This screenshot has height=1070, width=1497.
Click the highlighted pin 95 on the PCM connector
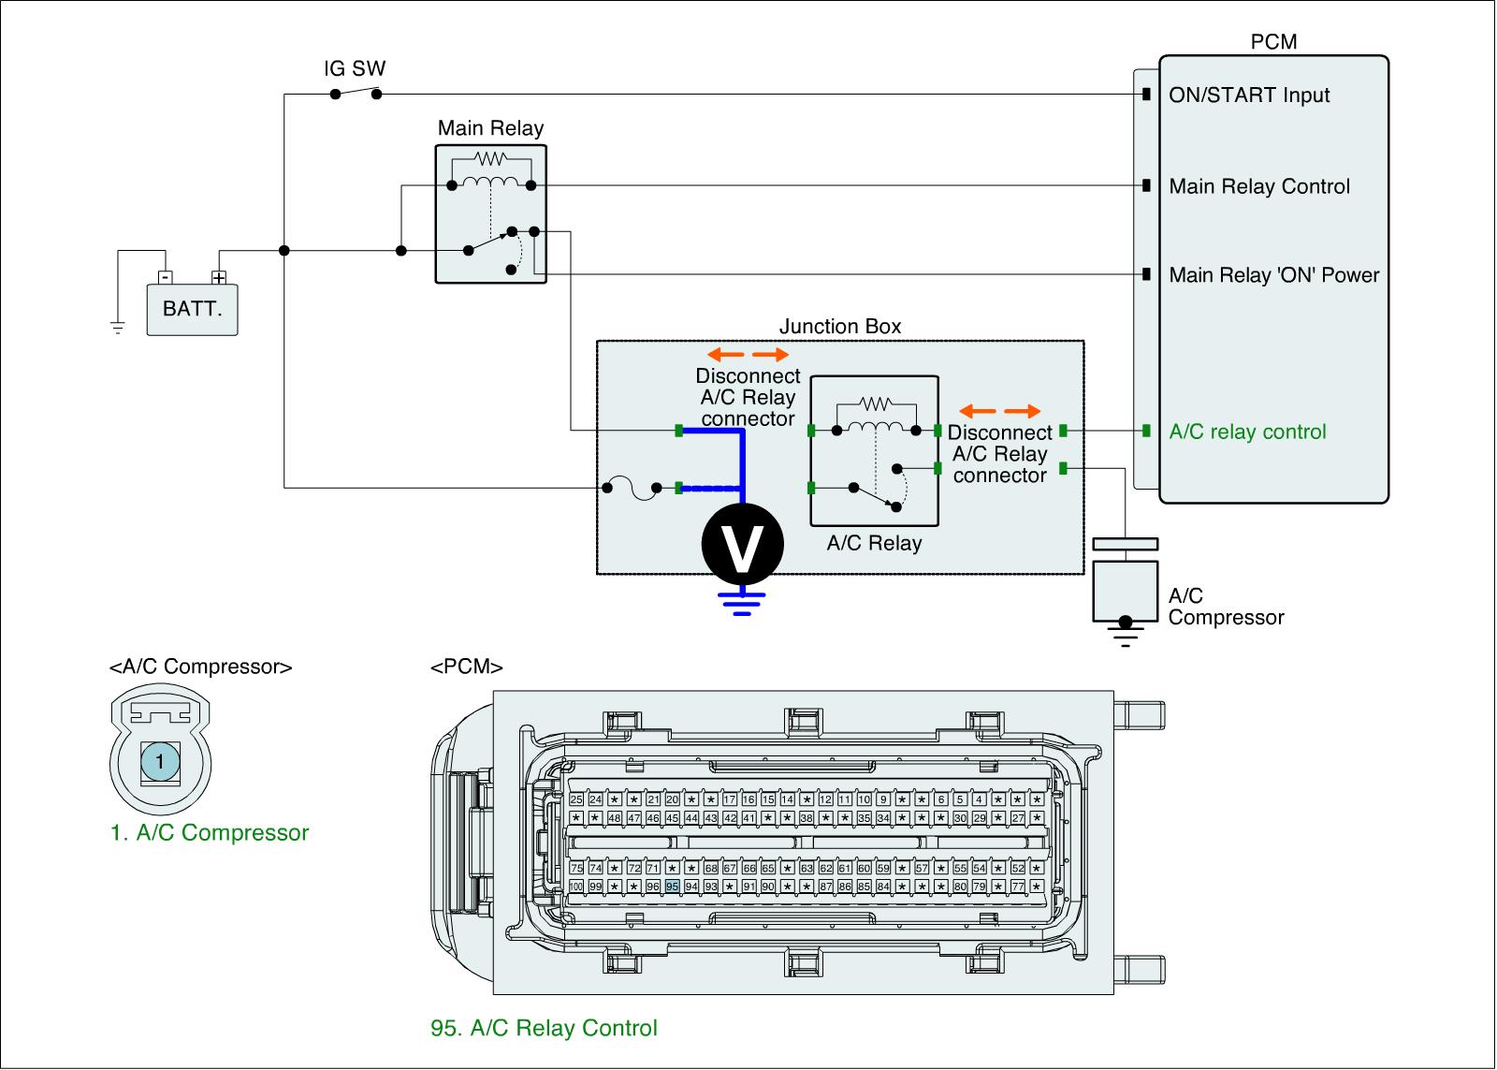pos(672,886)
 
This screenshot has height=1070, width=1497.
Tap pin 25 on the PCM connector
pos(576,799)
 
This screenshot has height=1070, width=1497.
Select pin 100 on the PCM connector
pos(576,886)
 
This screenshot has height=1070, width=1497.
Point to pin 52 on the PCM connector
pos(1018,868)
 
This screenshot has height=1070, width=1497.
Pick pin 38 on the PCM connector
pos(807,817)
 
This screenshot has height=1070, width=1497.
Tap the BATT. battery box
pos(193,309)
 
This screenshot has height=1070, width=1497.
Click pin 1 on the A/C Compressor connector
pos(160,762)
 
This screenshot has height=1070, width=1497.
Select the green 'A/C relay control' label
pos(1247,432)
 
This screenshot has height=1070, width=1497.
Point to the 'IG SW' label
pos(355,68)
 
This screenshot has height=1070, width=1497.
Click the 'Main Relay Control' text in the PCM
pos(1259,186)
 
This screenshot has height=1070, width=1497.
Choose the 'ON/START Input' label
pos(1249,95)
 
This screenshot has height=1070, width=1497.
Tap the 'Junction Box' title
pos(840,326)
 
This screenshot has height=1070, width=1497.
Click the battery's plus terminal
pos(219,277)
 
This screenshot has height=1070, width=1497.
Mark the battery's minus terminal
pos(165,277)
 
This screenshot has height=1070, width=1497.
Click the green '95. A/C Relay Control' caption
pos(544,1028)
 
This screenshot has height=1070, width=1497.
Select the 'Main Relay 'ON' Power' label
pos(1274,275)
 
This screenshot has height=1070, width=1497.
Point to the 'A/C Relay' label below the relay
pos(874,543)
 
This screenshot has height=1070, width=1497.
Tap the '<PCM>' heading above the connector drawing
pos(467,667)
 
